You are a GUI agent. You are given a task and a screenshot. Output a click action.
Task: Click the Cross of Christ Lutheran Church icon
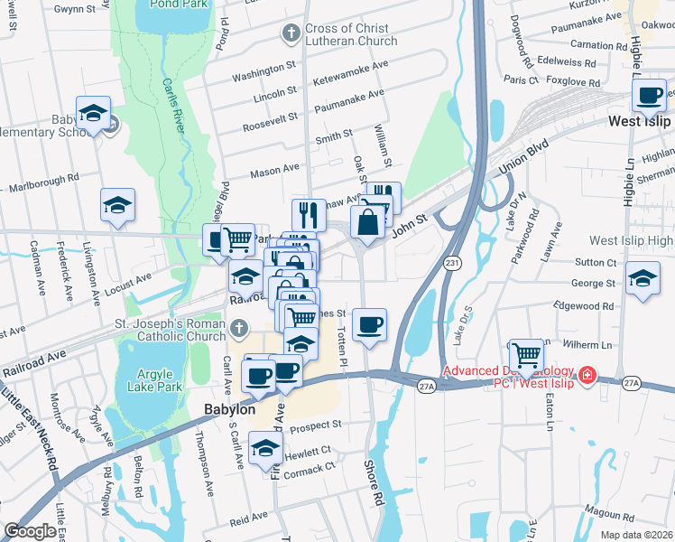[x=291, y=34]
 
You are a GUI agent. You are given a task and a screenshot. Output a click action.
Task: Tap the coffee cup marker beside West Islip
[x=651, y=95]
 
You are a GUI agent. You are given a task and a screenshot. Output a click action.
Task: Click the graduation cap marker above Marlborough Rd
[x=118, y=205]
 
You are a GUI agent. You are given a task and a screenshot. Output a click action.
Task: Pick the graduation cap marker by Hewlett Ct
[x=265, y=448]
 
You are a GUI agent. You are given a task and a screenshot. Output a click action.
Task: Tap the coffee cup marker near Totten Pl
[x=368, y=324]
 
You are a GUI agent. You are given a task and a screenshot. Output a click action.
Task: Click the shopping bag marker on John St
[x=368, y=222]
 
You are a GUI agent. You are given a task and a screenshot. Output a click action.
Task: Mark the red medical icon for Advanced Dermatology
[x=587, y=374]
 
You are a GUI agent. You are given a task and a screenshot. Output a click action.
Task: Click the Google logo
[x=30, y=531]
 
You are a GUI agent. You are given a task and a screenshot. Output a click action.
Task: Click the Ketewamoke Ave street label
[x=349, y=80]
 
